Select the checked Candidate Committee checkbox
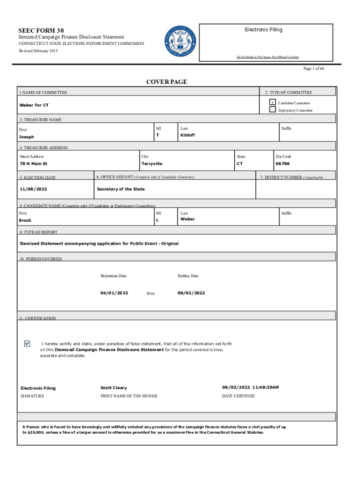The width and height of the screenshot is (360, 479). click(x=272, y=102)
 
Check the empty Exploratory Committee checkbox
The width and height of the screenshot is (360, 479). click(x=272, y=110)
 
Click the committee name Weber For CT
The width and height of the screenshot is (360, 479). click(x=34, y=105)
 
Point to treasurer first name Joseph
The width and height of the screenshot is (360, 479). click(x=26, y=137)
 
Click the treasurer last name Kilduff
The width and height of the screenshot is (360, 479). click(x=187, y=135)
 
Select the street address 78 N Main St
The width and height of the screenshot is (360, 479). click(x=33, y=164)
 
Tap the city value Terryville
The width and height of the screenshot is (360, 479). click(x=152, y=164)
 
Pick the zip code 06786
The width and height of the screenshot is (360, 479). click(x=282, y=164)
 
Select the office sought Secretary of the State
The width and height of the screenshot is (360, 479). click(x=121, y=189)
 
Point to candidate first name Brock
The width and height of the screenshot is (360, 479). click(x=25, y=220)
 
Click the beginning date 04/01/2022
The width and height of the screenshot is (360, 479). click(x=114, y=293)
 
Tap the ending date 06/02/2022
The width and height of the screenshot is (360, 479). click(x=191, y=293)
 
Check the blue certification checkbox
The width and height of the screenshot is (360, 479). click(x=27, y=344)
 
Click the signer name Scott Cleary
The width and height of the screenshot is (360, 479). click(x=114, y=388)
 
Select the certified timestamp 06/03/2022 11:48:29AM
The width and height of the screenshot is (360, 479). click(x=250, y=388)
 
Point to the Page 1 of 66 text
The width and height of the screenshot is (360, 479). click(x=314, y=69)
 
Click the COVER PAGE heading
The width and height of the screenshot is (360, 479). click(x=166, y=82)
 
